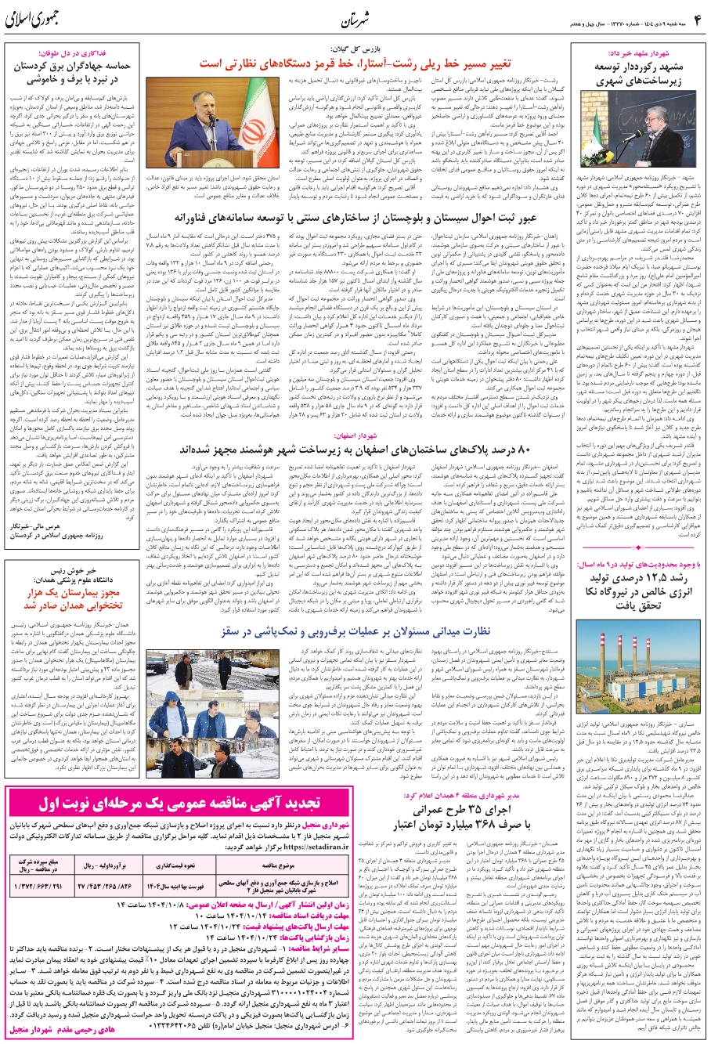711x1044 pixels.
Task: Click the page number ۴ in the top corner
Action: (x=695, y=16)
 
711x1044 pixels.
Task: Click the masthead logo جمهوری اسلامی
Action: (x=37, y=20)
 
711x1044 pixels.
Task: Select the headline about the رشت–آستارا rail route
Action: (x=362, y=63)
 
